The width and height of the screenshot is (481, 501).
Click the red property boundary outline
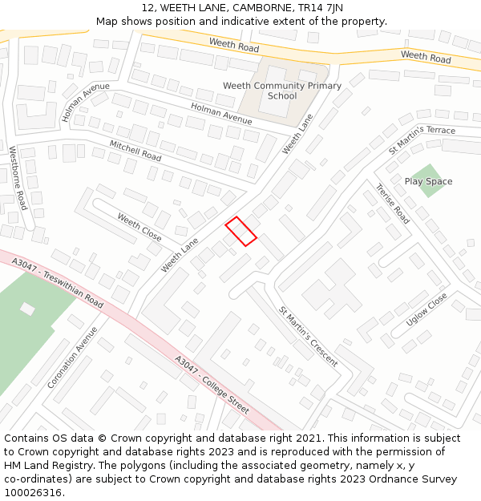pos(240,231)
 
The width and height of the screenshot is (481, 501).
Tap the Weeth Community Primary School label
pos(281,91)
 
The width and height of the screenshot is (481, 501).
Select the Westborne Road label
pos(18,177)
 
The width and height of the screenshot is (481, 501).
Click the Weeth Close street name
pos(139,227)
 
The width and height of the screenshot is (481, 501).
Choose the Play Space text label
pos(428,181)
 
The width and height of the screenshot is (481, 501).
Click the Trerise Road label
pos(393,204)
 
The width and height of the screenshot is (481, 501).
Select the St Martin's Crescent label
pos(308,336)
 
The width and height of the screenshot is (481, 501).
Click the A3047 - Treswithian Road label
pos(53,278)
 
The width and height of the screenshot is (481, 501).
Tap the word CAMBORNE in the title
pos(261,8)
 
